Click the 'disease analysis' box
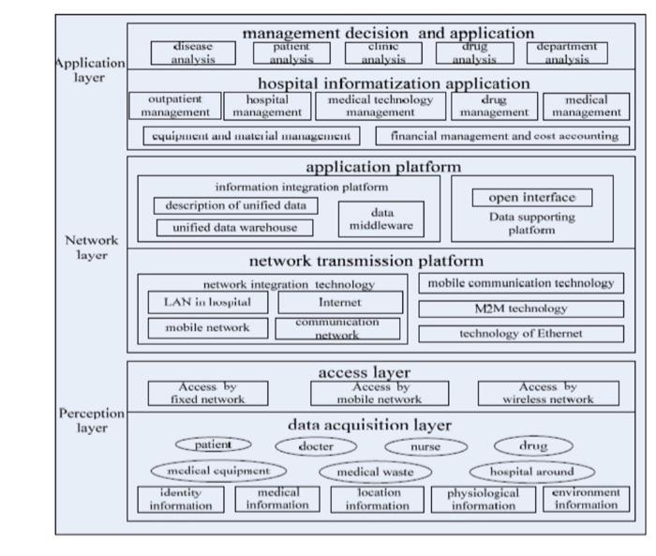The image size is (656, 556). pos(193,53)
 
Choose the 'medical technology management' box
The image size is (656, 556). pos(380,106)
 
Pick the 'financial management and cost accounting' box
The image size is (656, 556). pos(503,136)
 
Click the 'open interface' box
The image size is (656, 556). pos(532,198)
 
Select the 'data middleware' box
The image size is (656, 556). pos(380,219)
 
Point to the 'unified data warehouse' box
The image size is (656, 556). pos(234,227)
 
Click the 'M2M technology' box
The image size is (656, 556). pos(521,308)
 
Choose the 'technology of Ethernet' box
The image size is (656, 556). pos(521,333)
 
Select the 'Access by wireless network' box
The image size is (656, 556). pos(548,393)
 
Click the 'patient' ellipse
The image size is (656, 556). pos(214,444)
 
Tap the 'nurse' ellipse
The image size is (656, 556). pos(425,447)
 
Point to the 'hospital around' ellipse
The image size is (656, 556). pos(531,471)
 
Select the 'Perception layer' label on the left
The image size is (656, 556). pos(91,419)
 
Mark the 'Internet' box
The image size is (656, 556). pos(339,303)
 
